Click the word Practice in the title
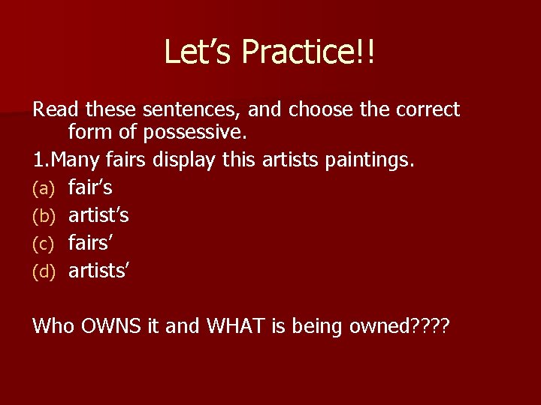coord(304,52)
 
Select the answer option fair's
coord(90,188)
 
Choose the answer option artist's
coord(98,215)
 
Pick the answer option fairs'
coord(91,243)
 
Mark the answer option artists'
coord(99,270)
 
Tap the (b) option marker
coord(44,216)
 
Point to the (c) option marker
coord(44,244)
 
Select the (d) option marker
coord(44,271)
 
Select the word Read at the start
coord(56,109)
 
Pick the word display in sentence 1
coord(183,161)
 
